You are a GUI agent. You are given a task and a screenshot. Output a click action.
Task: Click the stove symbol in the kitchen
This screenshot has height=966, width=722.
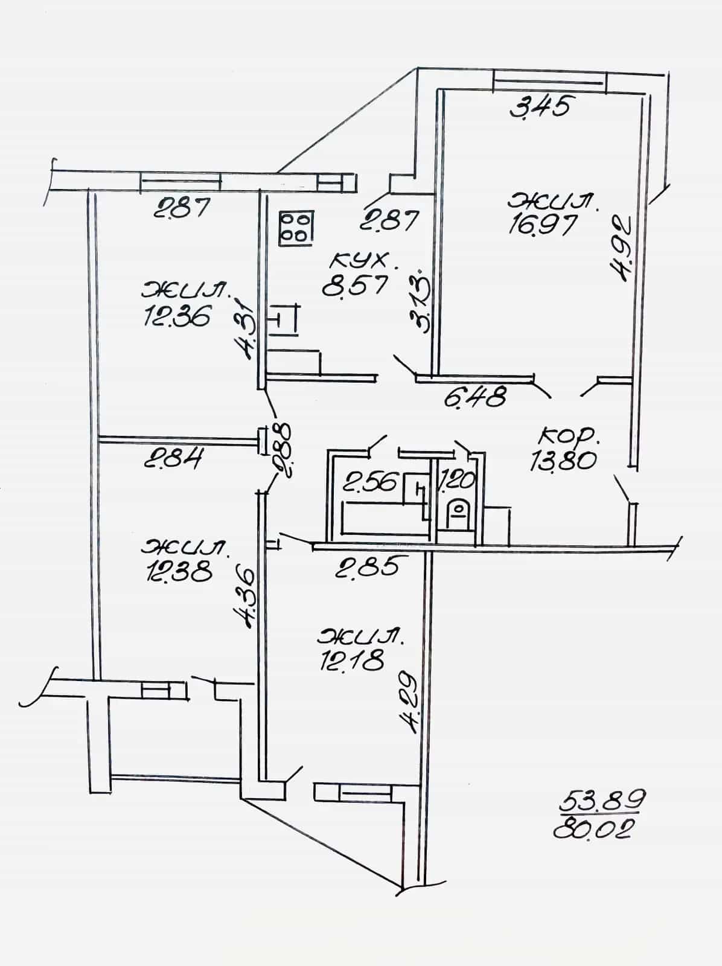[x=298, y=228]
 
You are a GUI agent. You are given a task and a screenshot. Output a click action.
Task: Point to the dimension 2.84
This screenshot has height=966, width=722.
[x=173, y=460]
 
